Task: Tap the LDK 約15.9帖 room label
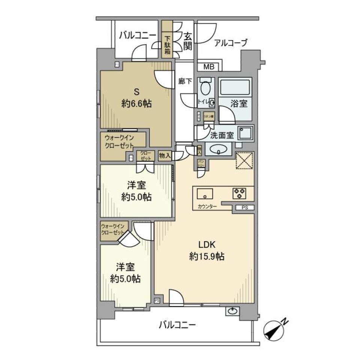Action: [207, 250]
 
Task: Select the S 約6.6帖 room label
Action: [136, 98]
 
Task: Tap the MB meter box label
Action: [209, 67]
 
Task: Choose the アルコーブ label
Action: [231, 43]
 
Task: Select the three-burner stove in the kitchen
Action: [239, 193]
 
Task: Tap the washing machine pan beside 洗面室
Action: [244, 133]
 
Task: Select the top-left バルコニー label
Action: [138, 35]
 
